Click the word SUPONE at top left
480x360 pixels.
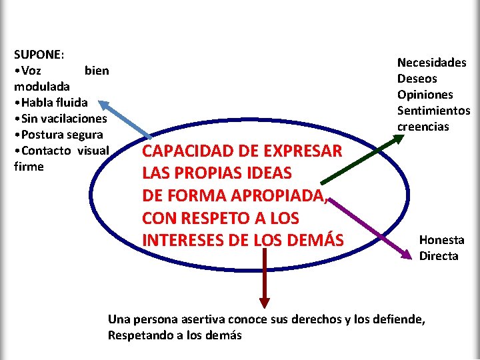36,54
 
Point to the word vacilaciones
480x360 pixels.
72,118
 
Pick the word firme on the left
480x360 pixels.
29,166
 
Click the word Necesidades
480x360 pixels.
432,63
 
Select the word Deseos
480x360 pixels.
417,79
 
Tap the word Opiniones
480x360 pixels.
425,95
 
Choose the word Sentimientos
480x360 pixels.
434,111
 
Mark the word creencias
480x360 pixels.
423,127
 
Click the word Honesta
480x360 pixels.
441,240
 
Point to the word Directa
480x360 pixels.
439,256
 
